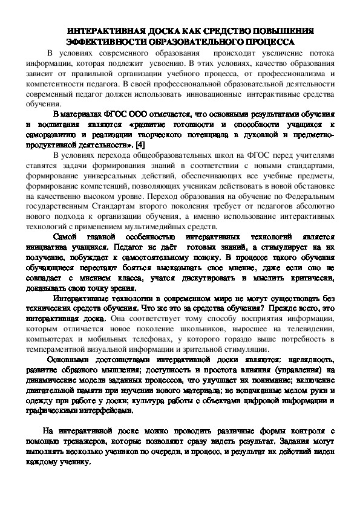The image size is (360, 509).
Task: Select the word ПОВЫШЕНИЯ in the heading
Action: click(284, 30)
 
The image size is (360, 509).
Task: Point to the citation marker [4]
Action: click(140, 146)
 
